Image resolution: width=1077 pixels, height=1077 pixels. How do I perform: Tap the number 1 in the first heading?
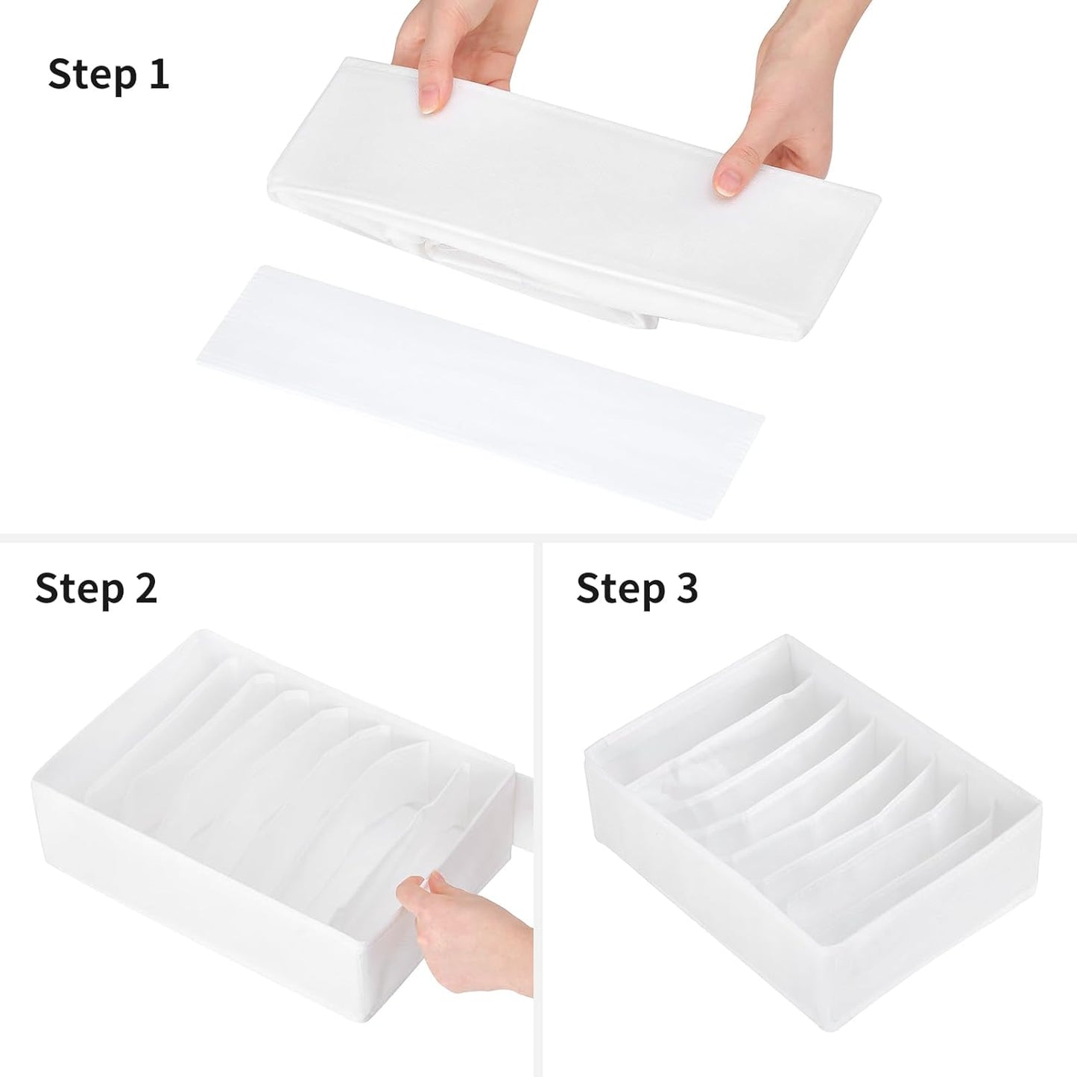(157, 75)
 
